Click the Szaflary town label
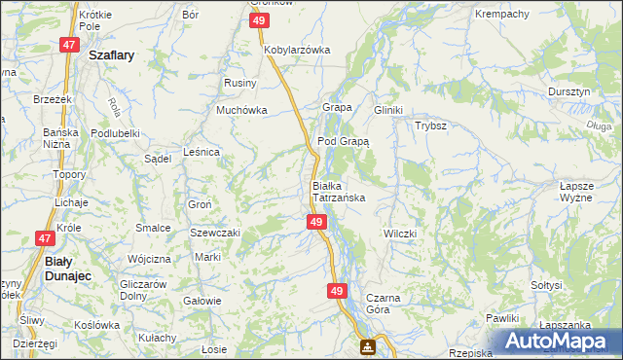[111, 56]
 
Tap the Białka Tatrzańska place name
[338, 191]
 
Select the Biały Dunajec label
[71, 268]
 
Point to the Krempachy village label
[500, 14]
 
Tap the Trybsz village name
[430, 126]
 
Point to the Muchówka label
[241, 110]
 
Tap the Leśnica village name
[202, 152]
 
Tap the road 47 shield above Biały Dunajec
[45, 237]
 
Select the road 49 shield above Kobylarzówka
[258, 20]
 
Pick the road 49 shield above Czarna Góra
[337, 290]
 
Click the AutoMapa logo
[558, 342]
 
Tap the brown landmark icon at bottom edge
[368, 346]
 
